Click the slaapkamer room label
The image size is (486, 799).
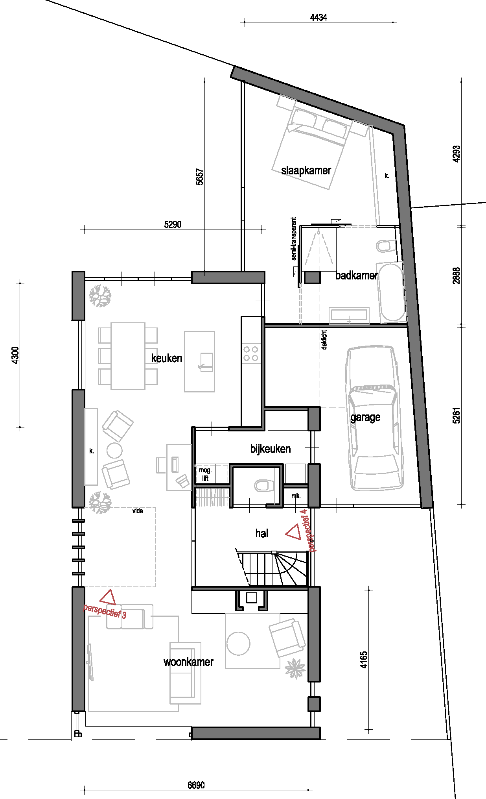pyautogui.click(x=306, y=170)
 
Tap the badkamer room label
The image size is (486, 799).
pyautogui.click(x=357, y=276)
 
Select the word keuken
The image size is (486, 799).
pyautogui.click(x=167, y=358)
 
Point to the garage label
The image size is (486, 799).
pyautogui.click(x=365, y=417)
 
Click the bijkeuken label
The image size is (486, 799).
pyautogui.click(x=271, y=449)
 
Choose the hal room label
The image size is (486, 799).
pyautogui.click(x=262, y=533)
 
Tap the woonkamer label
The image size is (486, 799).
pyautogui.click(x=188, y=662)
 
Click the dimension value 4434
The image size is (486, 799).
pyautogui.click(x=318, y=17)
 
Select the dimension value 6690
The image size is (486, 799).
pyautogui.click(x=196, y=785)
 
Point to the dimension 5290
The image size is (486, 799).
pyautogui.click(x=173, y=224)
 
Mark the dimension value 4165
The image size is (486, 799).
pyautogui.click(x=364, y=660)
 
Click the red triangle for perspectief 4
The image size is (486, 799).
pyautogui.click(x=293, y=532)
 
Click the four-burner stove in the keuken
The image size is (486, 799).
pyautogui.click(x=251, y=353)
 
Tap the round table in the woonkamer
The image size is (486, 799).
pyautogui.click(x=238, y=643)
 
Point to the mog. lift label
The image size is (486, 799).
pyautogui.click(x=205, y=474)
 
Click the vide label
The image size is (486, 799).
pyautogui.click(x=138, y=511)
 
